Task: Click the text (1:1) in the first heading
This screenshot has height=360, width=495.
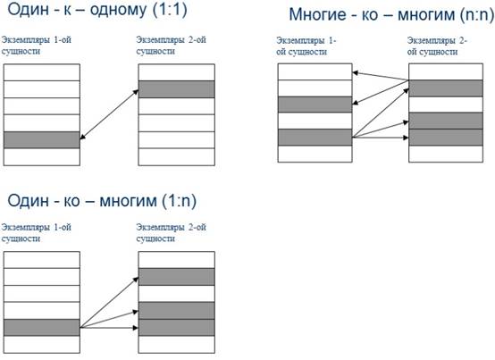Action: click(170, 10)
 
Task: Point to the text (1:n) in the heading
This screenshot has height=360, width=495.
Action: click(179, 201)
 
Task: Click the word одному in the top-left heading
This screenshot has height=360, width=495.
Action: click(118, 10)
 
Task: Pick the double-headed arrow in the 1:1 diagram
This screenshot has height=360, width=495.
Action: click(109, 114)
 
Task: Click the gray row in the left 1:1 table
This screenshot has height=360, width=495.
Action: click(42, 139)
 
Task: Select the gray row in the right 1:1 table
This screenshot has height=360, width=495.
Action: click(177, 89)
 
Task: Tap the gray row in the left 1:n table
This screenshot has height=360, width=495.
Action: click(42, 327)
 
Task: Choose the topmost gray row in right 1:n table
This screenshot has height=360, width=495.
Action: click(177, 277)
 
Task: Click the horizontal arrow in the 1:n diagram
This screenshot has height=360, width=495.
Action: click(109, 328)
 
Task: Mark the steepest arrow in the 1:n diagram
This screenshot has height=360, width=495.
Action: click(109, 303)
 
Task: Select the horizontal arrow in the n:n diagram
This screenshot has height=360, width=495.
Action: click(381, 138)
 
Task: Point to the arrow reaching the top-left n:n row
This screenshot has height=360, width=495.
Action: click(381, 76)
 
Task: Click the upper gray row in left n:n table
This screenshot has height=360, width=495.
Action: click(315, 105)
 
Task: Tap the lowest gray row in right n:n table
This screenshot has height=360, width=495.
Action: click(446, 138)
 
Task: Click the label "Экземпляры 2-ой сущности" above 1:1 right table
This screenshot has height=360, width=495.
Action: click(171, 46)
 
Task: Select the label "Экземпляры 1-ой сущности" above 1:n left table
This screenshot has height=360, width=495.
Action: click(37, 233)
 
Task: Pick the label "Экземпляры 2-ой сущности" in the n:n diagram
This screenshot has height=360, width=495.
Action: click(437, 46)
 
